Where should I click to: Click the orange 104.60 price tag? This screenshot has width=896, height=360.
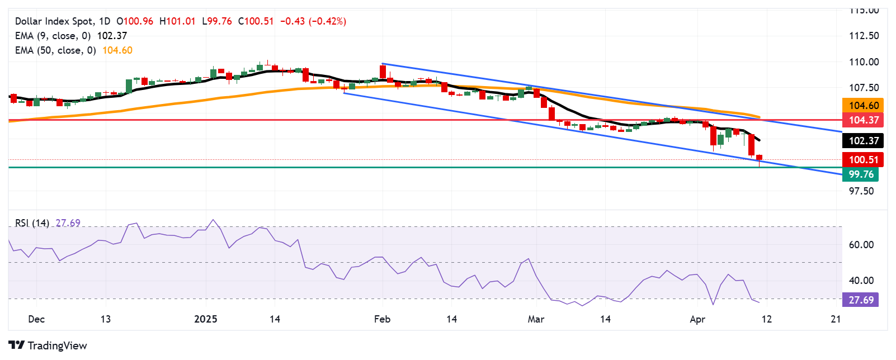[x=864, y=106]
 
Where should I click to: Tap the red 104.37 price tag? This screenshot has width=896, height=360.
[x=864, y=120]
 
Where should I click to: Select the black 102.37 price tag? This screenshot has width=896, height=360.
[x=864, y=141]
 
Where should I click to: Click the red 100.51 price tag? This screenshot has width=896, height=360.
[x=864, y=160]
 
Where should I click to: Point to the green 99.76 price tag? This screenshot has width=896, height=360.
[x=861, y=174]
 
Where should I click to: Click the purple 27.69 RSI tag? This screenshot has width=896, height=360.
[x=861, y=300]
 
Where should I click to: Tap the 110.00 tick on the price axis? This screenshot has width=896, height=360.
[x=864, y=62]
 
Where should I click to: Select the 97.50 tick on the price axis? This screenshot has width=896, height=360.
[x=861, y=191]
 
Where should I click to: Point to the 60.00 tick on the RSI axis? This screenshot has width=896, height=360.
[x=861, y=245]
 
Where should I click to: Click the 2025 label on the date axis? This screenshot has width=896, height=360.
[x=205, y=319]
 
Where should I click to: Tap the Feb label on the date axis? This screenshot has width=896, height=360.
[x=382, y=319]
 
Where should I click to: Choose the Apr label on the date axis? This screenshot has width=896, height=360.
[x=697, y=319]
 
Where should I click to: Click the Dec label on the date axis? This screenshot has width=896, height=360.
[x=36, y=319]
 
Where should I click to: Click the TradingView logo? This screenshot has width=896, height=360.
[x=48, y=345]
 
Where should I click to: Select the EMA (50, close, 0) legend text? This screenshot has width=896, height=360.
[x=55, y=50]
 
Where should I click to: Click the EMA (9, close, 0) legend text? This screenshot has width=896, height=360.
[x=53, y=36]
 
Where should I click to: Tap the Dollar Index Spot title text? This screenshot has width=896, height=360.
[x=54, y=21]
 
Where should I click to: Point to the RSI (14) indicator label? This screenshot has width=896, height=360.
[x=32, y=223]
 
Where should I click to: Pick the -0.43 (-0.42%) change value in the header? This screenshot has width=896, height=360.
[x=313, y=21]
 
